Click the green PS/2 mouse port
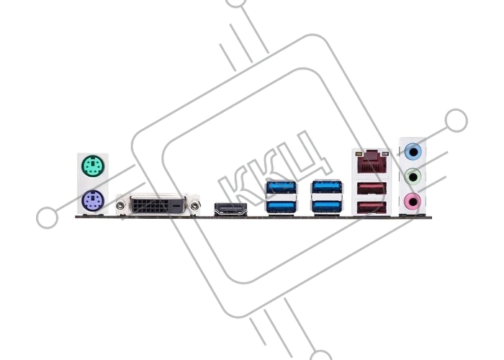(x=93, y=166)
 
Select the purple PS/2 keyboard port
(x=93, y=201)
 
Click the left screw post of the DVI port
(x=120, y=204)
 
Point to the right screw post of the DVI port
(x=194, y=204)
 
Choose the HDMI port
(x=230, y=210)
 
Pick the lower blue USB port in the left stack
(x=281, y=207)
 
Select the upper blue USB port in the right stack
(x=327, y=187)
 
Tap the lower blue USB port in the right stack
(x=327, y=207)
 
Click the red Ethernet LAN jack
(x=372, y=162)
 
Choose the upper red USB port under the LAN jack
(x=372, y=189)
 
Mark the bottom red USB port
(x=372, y=207)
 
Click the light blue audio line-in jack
(x=413, y=151)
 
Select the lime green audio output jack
(x=413, y=176)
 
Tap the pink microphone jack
(x=413, y=202)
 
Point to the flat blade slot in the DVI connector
(x=176, y=204)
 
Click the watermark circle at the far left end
(x=48, y=217)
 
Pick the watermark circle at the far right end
(x=456, y=120)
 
